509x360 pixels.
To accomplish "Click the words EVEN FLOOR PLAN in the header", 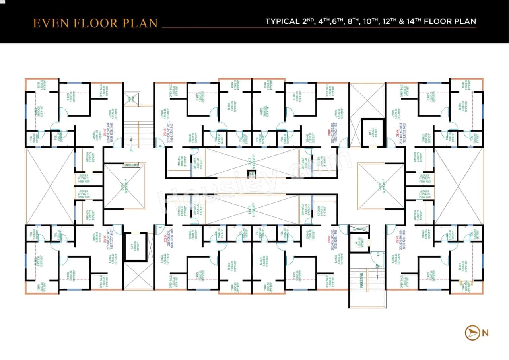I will tap(95, 23).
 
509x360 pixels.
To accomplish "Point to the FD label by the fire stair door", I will tap(377, 254).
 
